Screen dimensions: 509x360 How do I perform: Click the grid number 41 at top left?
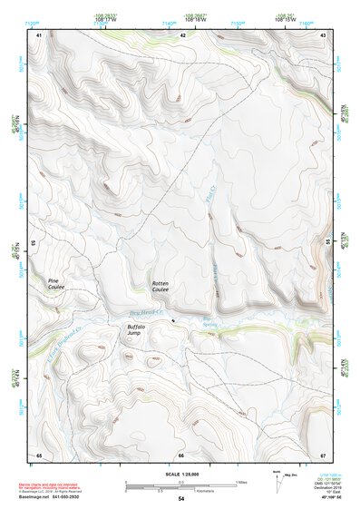click(39, 34)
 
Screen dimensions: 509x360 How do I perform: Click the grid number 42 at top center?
click(182, 34)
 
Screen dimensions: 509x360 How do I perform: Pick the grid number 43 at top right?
click(324, 34)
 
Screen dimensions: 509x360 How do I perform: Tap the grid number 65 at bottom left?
click(39, 455)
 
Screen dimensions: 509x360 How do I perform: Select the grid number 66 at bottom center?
click(181, 455)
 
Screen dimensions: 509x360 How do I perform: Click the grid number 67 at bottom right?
click(324, 455)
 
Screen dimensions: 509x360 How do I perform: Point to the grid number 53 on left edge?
click(34, 243)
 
